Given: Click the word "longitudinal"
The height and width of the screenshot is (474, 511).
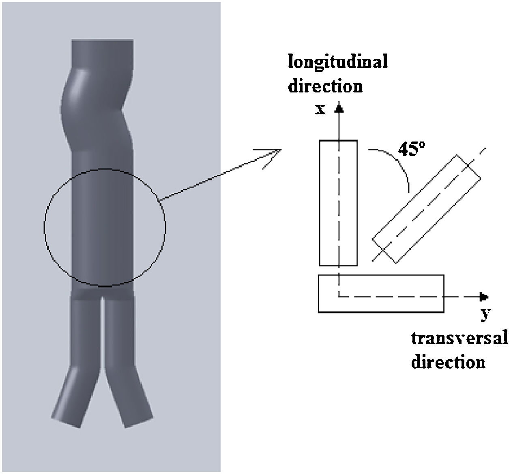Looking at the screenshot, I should pyautogui.click(x=337, y=62).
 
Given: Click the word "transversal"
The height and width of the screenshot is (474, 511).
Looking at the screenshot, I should pyautogui.click(x=459, y=338).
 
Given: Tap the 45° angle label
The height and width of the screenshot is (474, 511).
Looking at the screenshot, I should pyautogui.click(x=411, y=149).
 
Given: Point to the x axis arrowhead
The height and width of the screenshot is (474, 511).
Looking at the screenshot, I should pyautogui.click(x=340, y=107).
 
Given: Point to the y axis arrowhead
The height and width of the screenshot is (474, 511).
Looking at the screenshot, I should pyautogui.click(x=483, y=297).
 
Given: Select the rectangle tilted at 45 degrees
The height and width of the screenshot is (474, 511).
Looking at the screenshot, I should pyautogui.click(x=426, y=209).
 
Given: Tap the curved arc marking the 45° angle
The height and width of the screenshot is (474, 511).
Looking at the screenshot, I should pyautogui.click(x=399, y=162).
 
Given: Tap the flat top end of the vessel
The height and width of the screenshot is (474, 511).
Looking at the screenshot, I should pyautogui.click(x=102, y=41).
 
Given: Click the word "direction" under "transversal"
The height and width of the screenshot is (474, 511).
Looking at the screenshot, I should pyautogui.click(x=448, y=362).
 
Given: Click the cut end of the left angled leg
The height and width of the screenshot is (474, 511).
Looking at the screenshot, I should pyautogui.click(x=66, y=422).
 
